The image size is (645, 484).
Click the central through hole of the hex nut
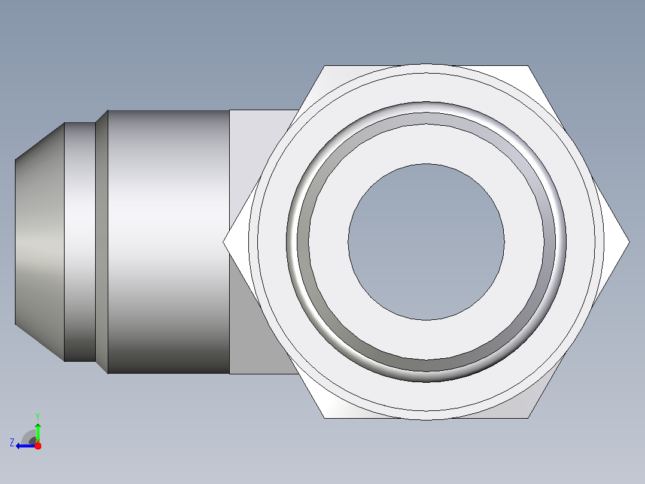click(426, 242)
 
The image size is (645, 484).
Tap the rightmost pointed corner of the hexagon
click(629, 242)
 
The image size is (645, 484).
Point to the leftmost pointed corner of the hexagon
click(223, 242)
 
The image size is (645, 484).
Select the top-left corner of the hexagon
click(324, 65)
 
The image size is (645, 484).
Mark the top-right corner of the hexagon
click(528, 65)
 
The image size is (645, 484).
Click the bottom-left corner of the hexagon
click(324, 418)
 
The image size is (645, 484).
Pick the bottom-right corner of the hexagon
click(528, 418)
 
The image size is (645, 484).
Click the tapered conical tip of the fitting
click(40, 242)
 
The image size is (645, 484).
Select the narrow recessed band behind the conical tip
click(80, 242)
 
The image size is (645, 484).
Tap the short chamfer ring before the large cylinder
click(102, 242)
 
